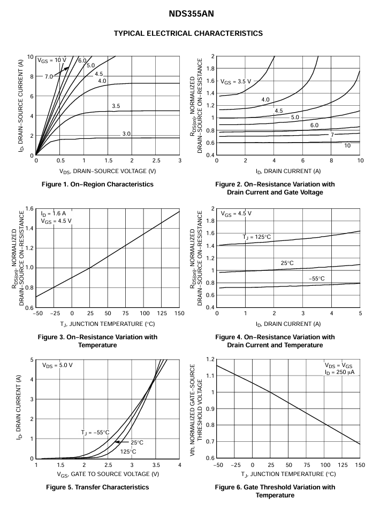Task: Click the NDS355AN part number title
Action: [x=191, y=14]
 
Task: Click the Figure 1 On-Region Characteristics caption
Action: [x=97, y=184]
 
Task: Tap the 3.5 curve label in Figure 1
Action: [x=116, y=106]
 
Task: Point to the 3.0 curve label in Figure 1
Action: [x=126, y=134]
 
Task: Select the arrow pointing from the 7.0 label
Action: [x=61, y=72]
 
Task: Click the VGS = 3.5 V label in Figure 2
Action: [x=236, y=82]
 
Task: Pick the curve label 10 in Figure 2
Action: [x=347, y=145]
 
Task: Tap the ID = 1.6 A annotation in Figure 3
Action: [x=54, y=213]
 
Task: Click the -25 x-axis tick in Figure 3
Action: [x=54, y=313]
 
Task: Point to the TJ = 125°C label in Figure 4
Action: [x=256, y=237]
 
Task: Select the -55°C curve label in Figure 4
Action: [x=316, y=278]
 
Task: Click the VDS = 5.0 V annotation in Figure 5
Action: [x=57, y=365]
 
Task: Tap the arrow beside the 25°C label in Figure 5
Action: [x=122, y=442]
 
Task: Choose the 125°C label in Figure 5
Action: [x=128, y=451]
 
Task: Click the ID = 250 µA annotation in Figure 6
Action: [x=339, y=372]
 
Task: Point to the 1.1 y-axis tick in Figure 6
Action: [x=210, y=376]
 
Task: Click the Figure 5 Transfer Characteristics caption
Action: [x=97, y=487]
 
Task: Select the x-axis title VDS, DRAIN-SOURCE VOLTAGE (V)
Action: [x=108, y=171]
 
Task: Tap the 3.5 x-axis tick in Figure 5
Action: [x=156, y=465]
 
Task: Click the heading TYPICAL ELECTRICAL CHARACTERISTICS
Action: [x=188, y=33]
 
